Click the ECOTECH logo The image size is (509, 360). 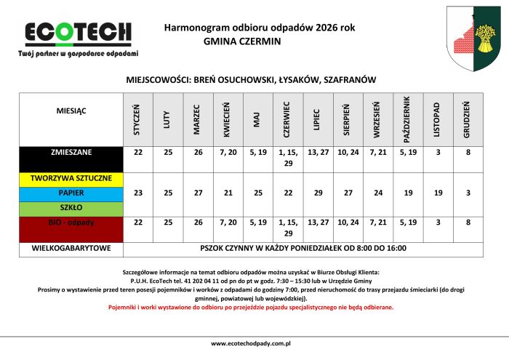(79, 32)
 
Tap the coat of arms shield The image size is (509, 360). (472, 39)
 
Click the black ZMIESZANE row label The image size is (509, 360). (71, 153)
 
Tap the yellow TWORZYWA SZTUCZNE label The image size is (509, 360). (71, 178)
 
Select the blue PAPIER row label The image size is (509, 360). (71, 193)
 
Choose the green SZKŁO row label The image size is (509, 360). (71, 208)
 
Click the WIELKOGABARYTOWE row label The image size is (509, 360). (71, 249)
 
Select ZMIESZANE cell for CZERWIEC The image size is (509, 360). (286, 158)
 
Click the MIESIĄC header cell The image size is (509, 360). (71, 111)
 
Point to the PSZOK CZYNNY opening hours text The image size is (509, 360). (302, 249)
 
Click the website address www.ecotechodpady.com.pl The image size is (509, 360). (251, 343)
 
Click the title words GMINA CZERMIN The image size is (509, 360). (238, 41)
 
